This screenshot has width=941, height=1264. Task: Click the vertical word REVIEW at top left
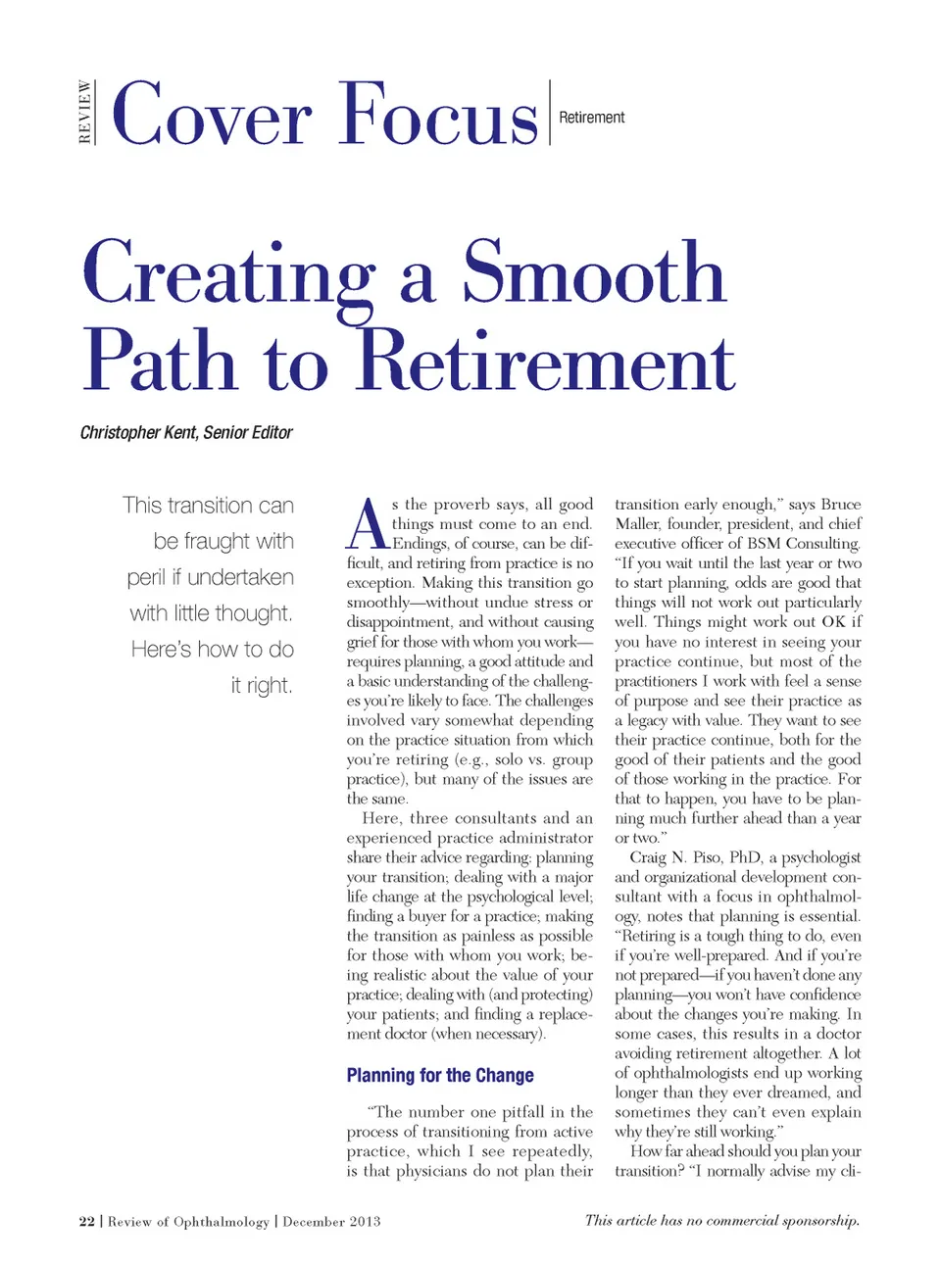coord(85,113)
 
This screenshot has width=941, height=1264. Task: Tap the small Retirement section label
coord(591,118)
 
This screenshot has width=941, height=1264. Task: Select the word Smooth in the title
coord(594,274)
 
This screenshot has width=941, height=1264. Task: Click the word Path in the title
coord(159,361)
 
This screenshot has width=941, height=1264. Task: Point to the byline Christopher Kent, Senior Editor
coord(186,432)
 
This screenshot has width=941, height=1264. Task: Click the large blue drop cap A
coord(368,524)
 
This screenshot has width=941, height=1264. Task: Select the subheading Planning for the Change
coord(440,1075)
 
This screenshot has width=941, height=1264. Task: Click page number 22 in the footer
coord(87,1221)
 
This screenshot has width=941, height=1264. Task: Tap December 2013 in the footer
coord(331,1221)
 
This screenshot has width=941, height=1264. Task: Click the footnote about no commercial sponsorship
coord(721,1220)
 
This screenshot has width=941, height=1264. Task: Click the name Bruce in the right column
coord(840,505)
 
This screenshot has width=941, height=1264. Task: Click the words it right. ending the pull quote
coord(262,685)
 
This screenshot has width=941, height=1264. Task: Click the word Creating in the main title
coord(228,274)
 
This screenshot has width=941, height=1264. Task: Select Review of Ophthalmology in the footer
coord(188,1221)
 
